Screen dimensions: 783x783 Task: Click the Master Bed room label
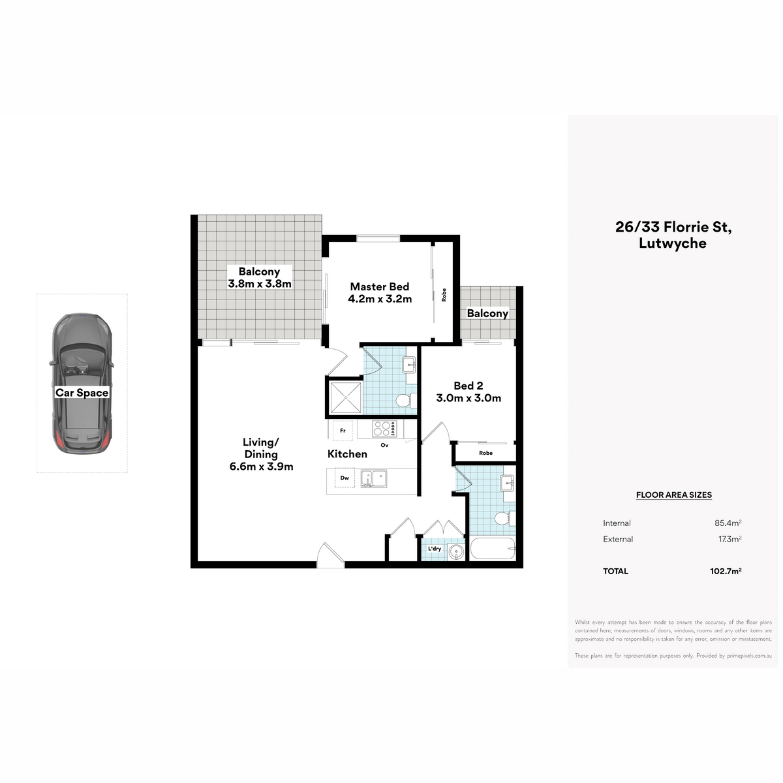[379, 286]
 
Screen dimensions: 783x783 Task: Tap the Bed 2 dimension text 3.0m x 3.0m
[468, 398]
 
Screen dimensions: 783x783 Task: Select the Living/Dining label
[261, 448]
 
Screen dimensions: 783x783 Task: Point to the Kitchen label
[347, 454]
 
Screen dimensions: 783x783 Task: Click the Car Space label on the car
[82, 393]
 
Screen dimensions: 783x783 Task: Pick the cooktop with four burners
[384, 429]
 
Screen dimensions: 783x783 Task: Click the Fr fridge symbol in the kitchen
[343, 431]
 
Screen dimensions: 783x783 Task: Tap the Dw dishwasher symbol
[345, 478]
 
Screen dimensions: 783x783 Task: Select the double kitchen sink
[373, 479]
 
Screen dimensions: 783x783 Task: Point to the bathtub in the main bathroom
[493, 549]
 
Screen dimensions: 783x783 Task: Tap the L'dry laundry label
[435, 549]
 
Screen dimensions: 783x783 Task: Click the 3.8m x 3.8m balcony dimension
[260, 284]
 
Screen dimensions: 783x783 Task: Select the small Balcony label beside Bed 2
[487, 313]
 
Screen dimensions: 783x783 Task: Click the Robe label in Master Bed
[444, 294]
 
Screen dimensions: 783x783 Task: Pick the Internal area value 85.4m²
[728, 523]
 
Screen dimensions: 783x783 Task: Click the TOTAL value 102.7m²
[726, 571]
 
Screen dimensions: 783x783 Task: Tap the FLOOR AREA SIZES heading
[673, 495]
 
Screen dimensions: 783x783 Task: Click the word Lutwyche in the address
[673, 243]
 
